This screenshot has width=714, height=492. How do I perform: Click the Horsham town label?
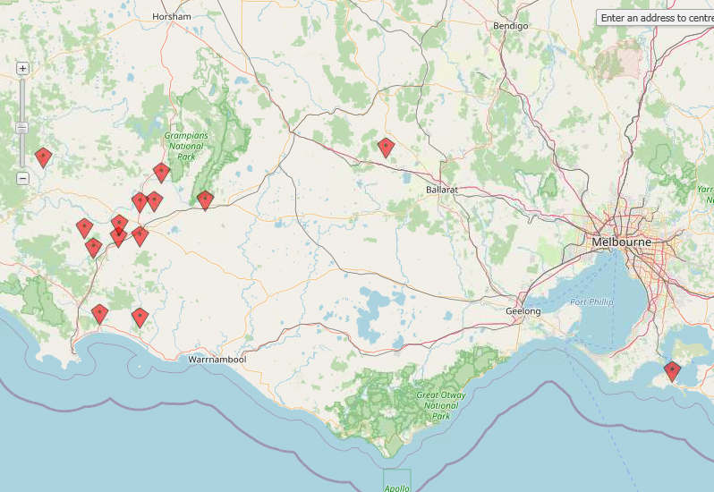[x=172, y=16]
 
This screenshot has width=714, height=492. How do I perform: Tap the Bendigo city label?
[x=511, y=26]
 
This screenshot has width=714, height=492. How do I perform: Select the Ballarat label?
[x=442, y=190]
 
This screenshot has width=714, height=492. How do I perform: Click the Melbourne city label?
[x=621, y=242]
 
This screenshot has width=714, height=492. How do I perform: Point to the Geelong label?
[x=523, y=310]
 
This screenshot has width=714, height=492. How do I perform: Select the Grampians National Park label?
[x=186, y=145]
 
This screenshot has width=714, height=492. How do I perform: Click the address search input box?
[x=656, y=17]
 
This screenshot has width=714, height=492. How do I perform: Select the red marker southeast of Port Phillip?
[x=672, y=370]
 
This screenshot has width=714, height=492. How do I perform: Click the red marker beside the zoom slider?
[x=43, y=157]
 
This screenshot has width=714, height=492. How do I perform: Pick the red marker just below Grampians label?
[x=161, y=172]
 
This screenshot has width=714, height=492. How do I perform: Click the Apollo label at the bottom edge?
[x=395, y=488]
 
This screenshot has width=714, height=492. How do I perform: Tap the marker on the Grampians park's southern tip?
[x=205, y=199]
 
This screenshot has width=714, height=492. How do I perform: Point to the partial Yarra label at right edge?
[x=704, y=190]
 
